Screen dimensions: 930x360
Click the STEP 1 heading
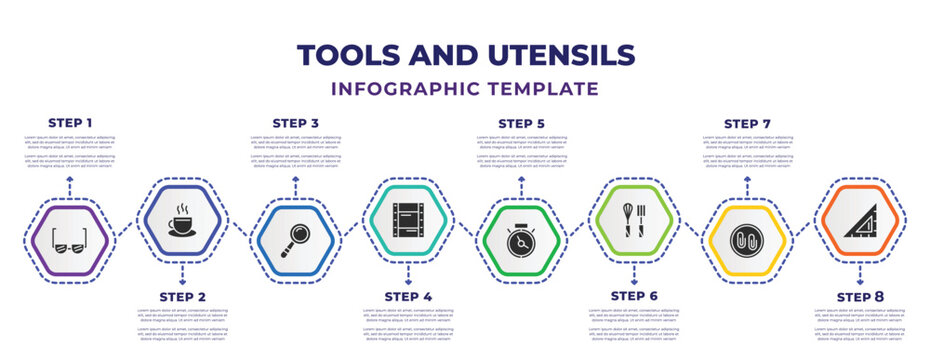pyautogui.click(x=70, y=123)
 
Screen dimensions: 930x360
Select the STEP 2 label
pyautogui.click(x=183, y=297)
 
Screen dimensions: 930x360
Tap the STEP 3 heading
pyautogui.click(x=296, y=123)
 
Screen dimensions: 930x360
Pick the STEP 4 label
pyautogui.click(x=409, y=297)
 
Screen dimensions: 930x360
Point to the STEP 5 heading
pyautogui.click(x=522, y=123)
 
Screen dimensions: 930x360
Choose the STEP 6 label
pyautogui.click(x=634, y=297)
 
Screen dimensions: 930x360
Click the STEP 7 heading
pyautogui.click(x=748, y=123)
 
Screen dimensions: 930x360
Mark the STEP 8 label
pyautogui.click(x=860, y=297)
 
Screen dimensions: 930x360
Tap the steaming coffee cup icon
pyautogui.click(x=183, y=219)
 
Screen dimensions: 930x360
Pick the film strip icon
pyautogui.click(x=408, y=219)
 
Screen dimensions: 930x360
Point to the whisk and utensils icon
pyautogui.click(x=634, y=219)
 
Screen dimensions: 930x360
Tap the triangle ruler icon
pyautogui.click(x=861, y=219)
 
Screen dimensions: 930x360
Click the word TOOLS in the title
pyautogui.click(x=358, y=54)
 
